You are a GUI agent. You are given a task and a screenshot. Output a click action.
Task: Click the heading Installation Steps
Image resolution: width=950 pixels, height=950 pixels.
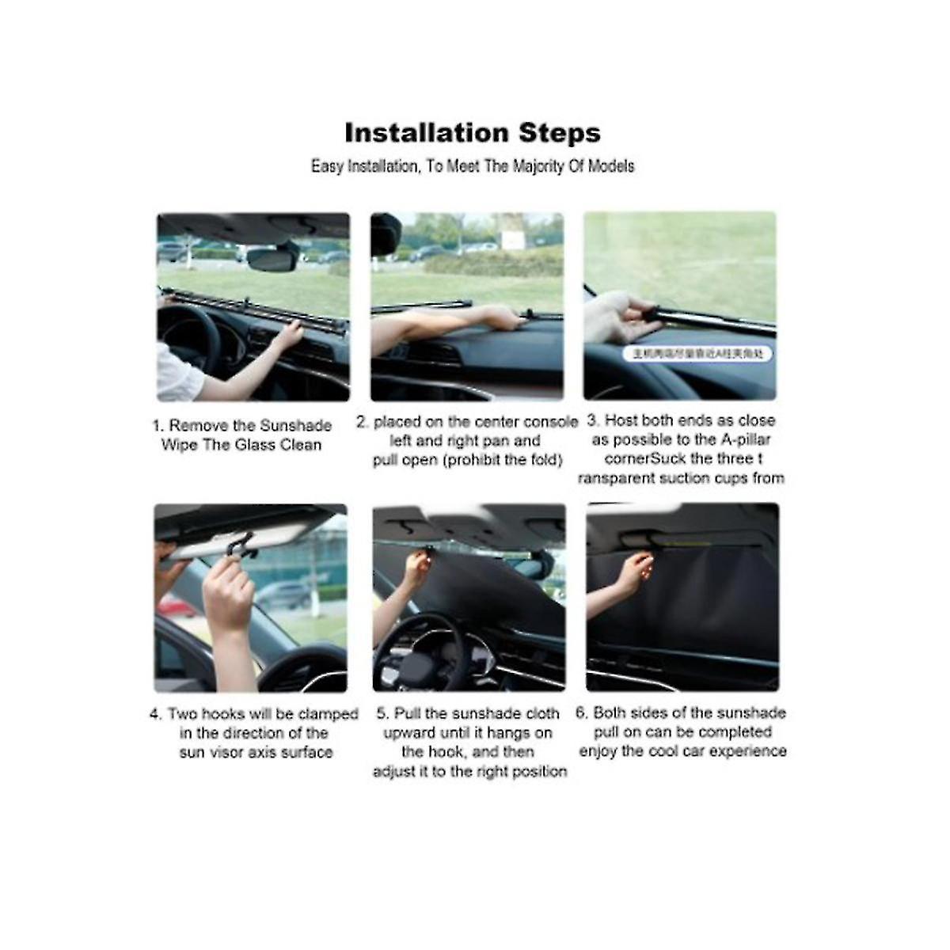(x=473, y=132)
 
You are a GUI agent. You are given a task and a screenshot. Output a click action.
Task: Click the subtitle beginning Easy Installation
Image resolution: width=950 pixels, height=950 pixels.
(x=473, y=166)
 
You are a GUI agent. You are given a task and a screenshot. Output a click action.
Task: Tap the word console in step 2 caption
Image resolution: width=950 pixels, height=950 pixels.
(x=550, y=422)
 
